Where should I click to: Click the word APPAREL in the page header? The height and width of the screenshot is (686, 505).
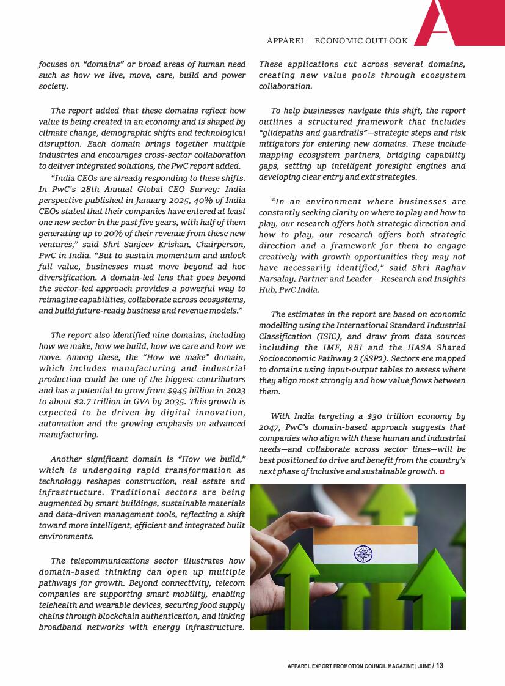(286, 41)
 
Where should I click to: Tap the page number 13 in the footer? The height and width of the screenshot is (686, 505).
(440, 666)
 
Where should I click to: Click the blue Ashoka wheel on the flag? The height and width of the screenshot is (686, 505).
(363, 555)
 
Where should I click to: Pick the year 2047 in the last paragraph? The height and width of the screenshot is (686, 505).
(271, 427)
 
